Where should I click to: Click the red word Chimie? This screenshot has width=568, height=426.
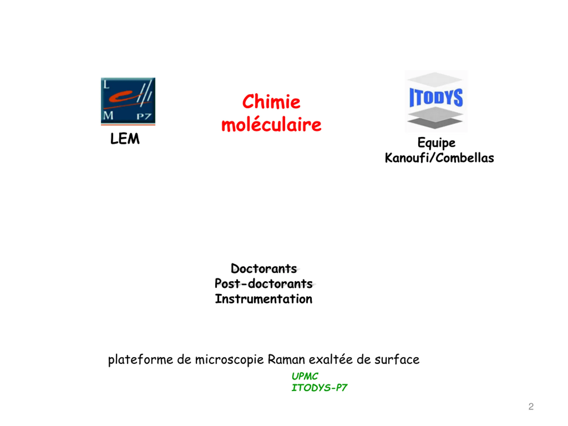(x=271, y=102)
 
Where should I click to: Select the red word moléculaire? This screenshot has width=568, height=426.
(x=271, y=125)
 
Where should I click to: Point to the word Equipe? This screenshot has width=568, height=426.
(x=436, y=143)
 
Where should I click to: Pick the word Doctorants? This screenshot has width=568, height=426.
(x=264, y=269)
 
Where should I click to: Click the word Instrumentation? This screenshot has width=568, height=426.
(x=264, y=299)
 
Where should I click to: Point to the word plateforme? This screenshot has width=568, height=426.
(x=140, y=359)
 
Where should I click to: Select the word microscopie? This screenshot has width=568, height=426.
(x=229, y=359)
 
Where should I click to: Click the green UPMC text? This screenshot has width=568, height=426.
(x=305, y=377)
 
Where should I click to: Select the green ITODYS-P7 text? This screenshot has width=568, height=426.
(x=319, y=388)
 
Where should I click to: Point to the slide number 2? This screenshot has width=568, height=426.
(x=531, y=407)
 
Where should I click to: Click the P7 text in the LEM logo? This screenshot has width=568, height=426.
(x=144, y=116)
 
